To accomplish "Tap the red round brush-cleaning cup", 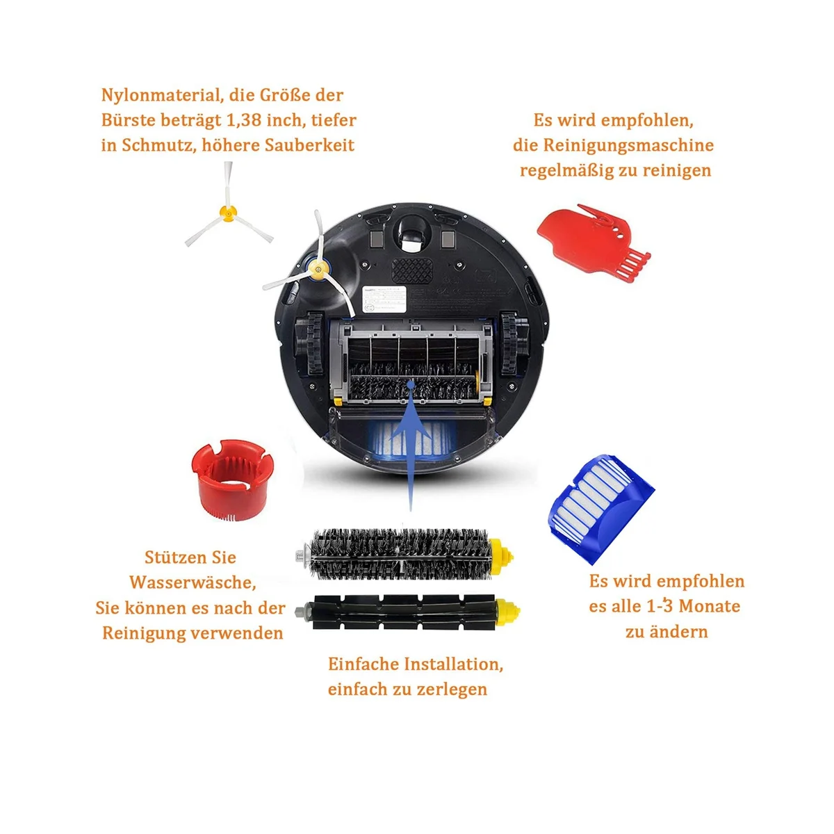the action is [232, 479].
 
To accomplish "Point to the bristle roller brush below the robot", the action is [403, 554].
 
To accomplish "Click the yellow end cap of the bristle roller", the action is [500, 554].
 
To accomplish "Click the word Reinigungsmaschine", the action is [628, 145].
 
